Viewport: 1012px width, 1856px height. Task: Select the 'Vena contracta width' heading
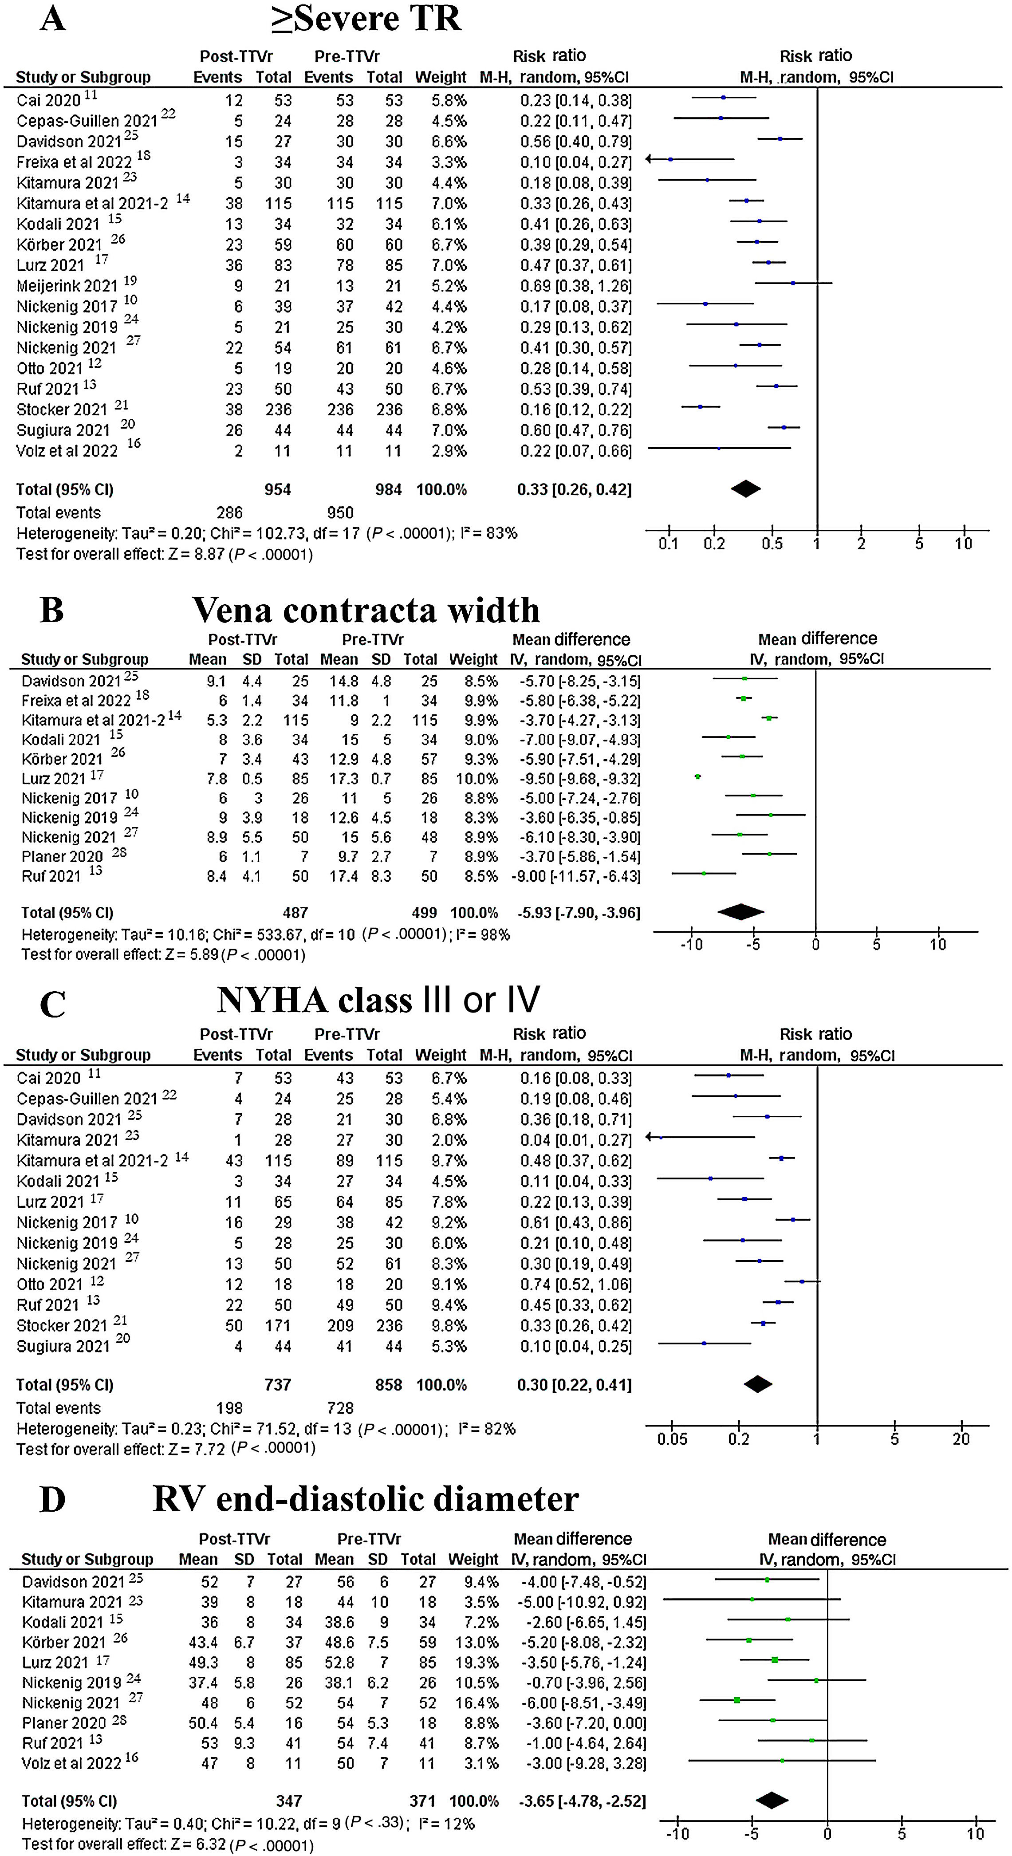coord(366,610)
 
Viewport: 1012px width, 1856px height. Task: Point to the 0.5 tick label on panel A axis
coord(772,544)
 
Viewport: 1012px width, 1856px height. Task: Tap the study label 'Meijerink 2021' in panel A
coord(66,286)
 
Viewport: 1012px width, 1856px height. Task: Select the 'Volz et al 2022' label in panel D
coord(72,1763)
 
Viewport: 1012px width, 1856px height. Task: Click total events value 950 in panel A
coord(340,512)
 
